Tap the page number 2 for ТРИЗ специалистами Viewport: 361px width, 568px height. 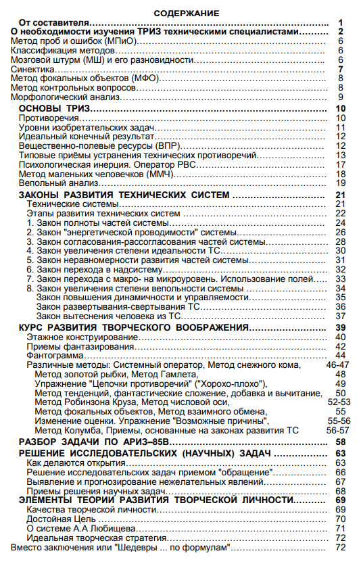tap(342, 32)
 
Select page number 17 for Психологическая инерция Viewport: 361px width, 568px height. tap(341, 165)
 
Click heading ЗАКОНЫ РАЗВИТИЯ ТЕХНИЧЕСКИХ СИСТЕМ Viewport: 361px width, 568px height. tap(126, 195)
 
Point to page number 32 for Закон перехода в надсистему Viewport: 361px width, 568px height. tap(341, 269)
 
